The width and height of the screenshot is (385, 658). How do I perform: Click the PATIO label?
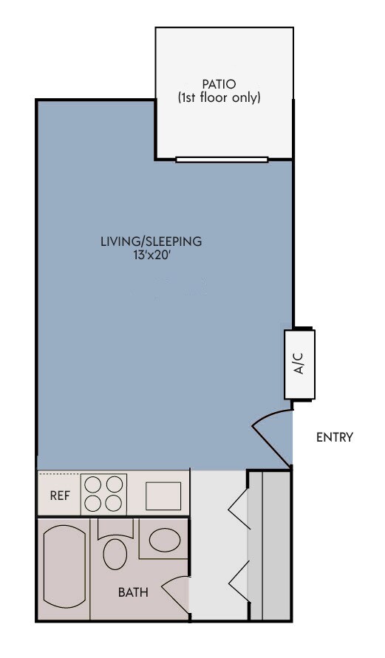point(219,83)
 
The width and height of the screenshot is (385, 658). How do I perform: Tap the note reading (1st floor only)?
point(219,97)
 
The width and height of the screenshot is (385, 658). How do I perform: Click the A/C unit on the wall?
point(299,364)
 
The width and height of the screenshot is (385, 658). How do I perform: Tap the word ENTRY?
point(335,437)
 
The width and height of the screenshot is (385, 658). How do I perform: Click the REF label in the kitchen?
point(60,496)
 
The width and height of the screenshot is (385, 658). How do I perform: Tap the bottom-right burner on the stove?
point(114,504)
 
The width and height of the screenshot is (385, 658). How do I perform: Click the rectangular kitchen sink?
point(163,495)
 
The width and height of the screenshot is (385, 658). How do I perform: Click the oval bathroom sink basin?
point(165,540)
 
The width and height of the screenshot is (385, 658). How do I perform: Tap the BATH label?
point(133,592)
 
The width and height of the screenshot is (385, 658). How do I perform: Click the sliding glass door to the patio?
point(222,159)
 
